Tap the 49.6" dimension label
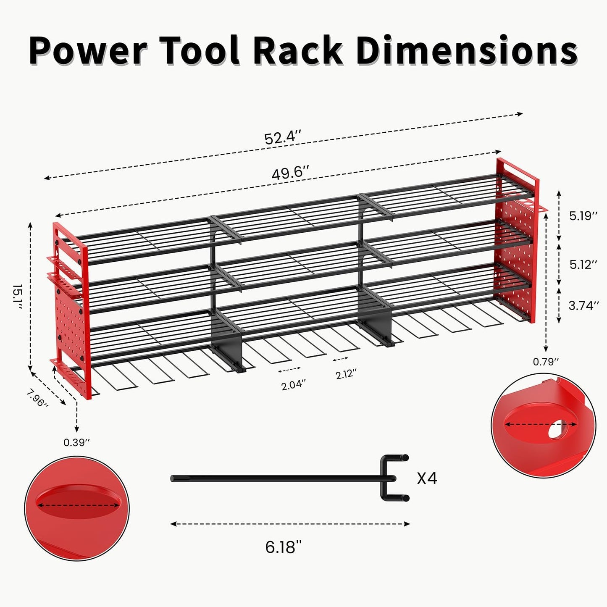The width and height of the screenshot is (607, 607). coord(290,172)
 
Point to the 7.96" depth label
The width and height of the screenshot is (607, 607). coord(37,398)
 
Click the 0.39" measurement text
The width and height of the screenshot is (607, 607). coord(77,442)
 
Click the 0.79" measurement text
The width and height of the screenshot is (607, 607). coord(546,361)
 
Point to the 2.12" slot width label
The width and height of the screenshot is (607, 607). coord(346,373)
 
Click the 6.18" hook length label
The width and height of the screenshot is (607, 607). coord(284,547)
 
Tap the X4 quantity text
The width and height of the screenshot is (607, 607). coord(427,478)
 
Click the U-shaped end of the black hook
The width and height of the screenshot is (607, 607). coord(393,478)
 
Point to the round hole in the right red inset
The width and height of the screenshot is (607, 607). coord(558,430)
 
